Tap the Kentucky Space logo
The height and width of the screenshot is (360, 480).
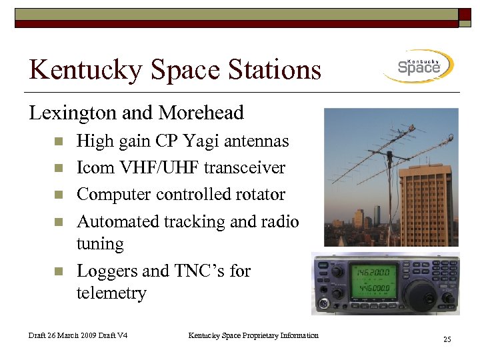(419, 66)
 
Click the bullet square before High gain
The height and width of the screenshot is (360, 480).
(59, 141)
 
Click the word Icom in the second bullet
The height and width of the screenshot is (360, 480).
(97, 168)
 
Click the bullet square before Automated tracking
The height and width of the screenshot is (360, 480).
(59, 221)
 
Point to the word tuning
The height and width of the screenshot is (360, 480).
(100, 245)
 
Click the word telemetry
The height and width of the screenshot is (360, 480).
(111, 293)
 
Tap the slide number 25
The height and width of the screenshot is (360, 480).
(447, 340)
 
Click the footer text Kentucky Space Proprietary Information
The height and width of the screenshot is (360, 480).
(253, 335)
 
